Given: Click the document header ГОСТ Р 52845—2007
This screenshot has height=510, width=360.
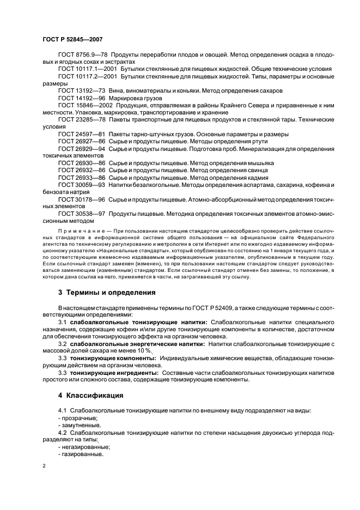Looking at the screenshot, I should [x=72, y=39].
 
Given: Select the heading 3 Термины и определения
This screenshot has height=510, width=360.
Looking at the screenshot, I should [x=107, y=292].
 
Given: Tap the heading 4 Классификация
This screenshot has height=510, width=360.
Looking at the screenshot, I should [x=90, y=394].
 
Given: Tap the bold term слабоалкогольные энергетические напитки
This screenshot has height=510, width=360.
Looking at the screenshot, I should [x=137, y=344].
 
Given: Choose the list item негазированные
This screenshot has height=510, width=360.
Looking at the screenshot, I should [x=83, y=446].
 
